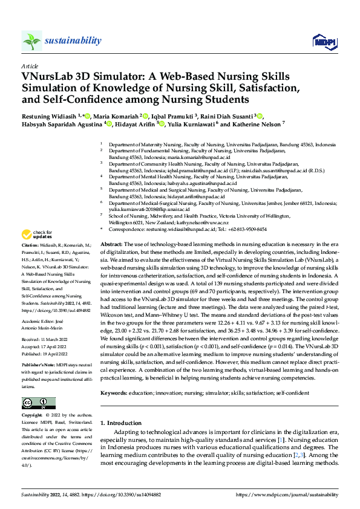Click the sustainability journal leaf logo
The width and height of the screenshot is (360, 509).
[x=31, y=41]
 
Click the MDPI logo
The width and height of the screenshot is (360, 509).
[x=321, y=41]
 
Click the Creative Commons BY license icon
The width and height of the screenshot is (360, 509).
[x=38, y=403]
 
